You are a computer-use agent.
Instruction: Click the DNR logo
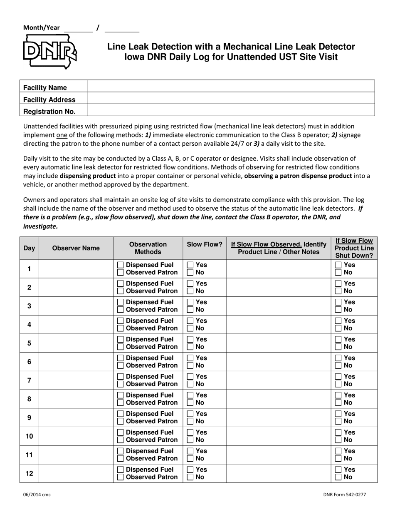coord(49,52)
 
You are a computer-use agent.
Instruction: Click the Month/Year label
coord(41,28)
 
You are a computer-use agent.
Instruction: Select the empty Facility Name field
coord(230,87)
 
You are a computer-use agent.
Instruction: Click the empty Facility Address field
coord(230,99)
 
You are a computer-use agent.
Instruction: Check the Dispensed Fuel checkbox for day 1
coord(120,265)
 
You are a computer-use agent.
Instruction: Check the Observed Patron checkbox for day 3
coord(120,310)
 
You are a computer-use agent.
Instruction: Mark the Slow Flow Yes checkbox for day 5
coord(190,340)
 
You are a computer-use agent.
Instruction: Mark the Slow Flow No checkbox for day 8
coord(190,403)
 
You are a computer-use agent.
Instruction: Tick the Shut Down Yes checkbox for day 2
coord(338,284)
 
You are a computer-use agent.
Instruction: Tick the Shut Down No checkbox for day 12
coord(338,477)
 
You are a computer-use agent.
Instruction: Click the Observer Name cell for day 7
coord(76,380)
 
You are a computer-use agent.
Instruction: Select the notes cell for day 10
coord(278,436)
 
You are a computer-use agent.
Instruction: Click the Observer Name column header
coord(76,249)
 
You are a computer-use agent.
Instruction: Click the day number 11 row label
coord(29,455)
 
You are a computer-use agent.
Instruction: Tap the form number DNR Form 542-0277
coord(344,495)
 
